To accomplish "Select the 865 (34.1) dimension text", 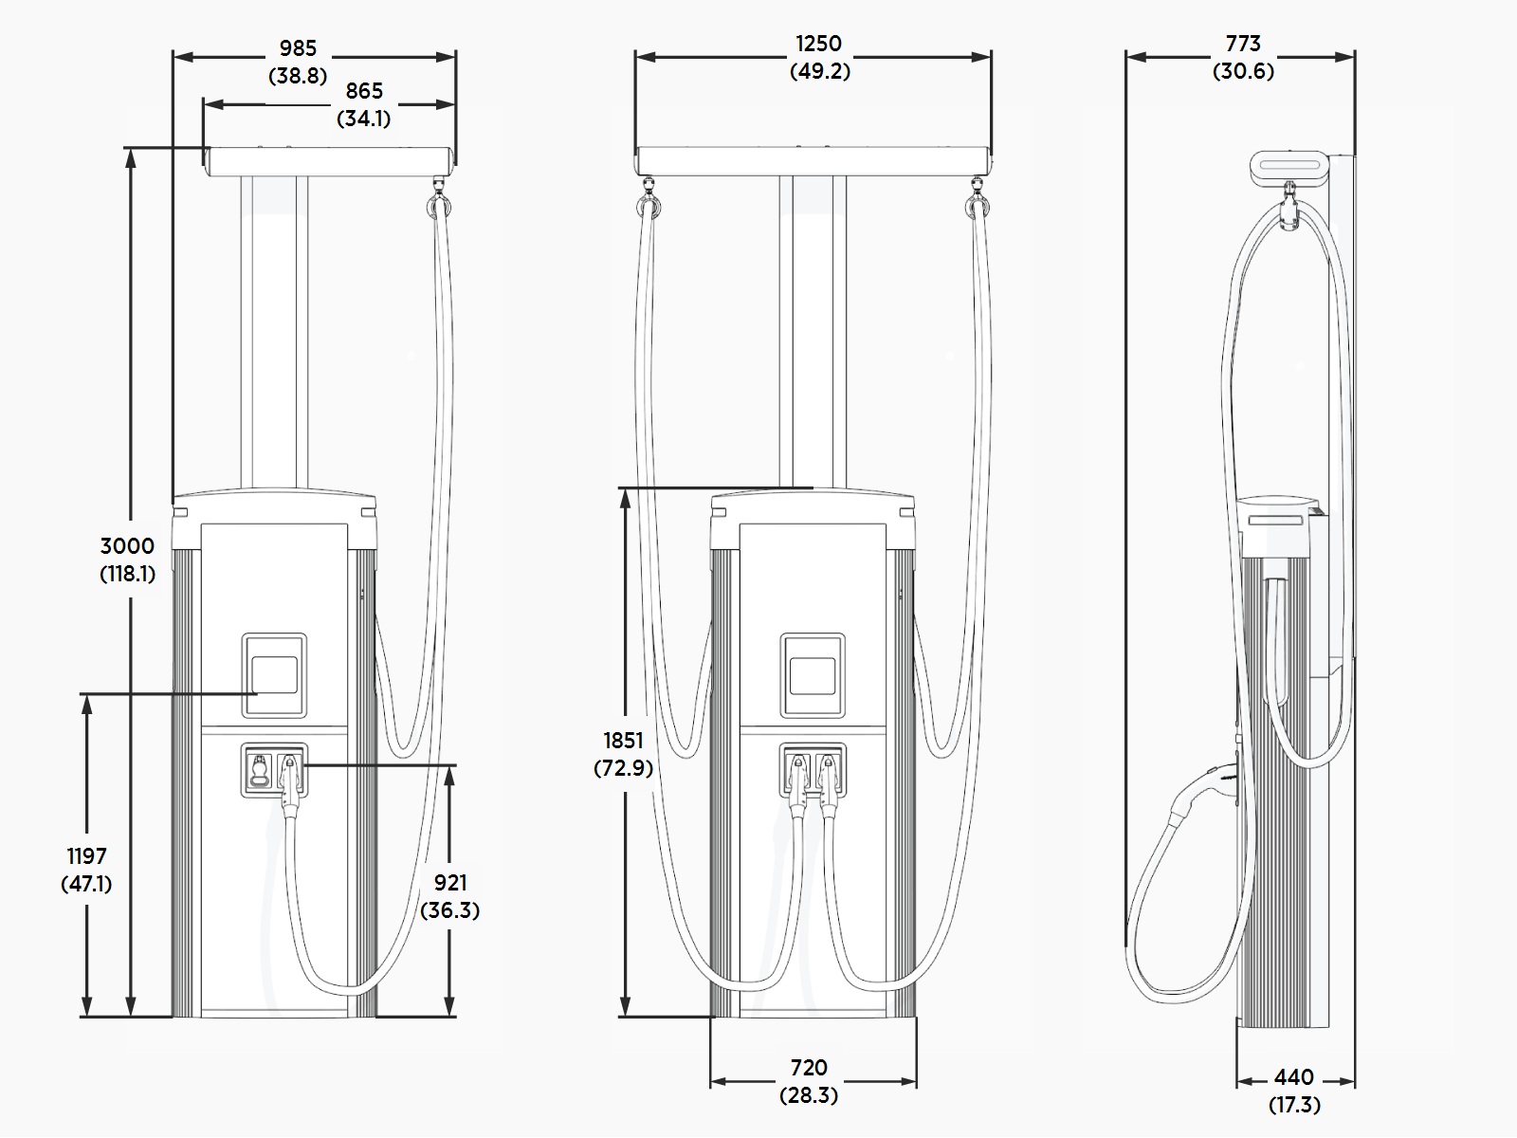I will coord(364,104).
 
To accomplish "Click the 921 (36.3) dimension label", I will coord(450,896).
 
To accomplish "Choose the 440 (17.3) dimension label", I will coord(1294,1091).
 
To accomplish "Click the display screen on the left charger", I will coord(274,675).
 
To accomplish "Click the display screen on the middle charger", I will coord(813,675).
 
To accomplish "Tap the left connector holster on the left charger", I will coord(259,770).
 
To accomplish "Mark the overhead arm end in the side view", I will coord(1289,167).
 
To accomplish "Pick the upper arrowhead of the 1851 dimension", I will coord(626,499).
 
